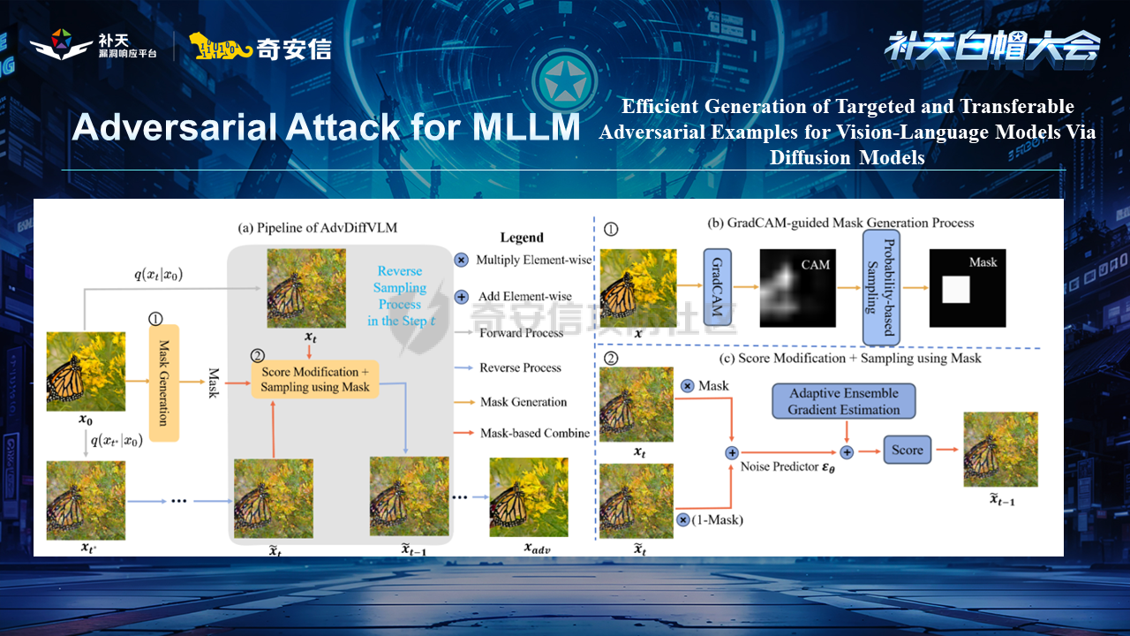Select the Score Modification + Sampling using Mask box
[x=315, y=379]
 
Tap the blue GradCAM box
[x=719, y=289]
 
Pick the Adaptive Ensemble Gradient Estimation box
[x=843, y=401]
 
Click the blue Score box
[x=907, y=450]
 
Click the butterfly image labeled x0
[x=86, y=372]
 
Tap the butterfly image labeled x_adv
[x=529, y=496]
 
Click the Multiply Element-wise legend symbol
[x=461, y=260]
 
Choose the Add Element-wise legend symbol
[x=461, y=297]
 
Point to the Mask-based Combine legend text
[x=535, y=433]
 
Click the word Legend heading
[x=522, y=237]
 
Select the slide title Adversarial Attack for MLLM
[x=326, y=128]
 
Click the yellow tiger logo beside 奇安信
[x=220, y=48]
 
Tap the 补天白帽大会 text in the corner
[x=991, y=46]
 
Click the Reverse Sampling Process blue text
[x=400, y=296]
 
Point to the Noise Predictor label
[x=788, y=466]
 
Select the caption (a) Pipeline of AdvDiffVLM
[x=318, y=227]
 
